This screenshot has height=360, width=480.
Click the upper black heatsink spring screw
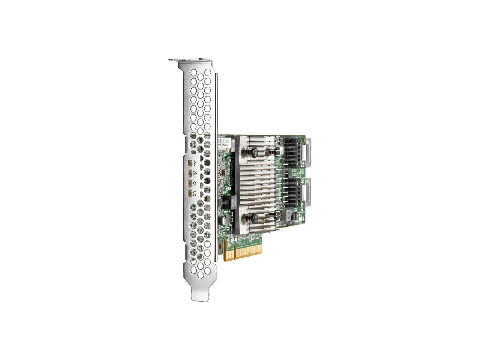tap(253, 151)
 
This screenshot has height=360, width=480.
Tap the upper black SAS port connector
tap(295, 154)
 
